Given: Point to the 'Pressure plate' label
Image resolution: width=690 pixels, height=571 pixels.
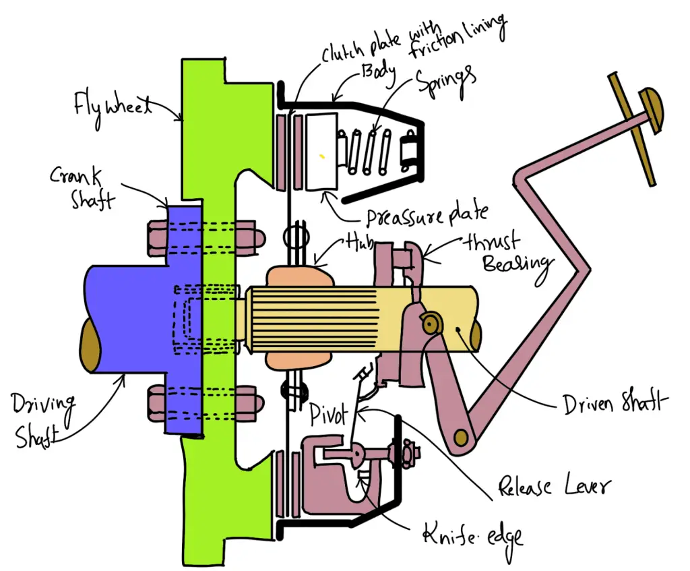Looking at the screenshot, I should coord(425,216).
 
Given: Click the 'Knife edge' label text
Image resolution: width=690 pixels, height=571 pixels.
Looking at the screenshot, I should coord(472,535).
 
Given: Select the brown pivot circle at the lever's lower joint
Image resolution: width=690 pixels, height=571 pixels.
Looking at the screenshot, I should coord(462,438).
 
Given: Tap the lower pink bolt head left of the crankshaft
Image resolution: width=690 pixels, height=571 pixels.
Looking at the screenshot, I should coord(155,402).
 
